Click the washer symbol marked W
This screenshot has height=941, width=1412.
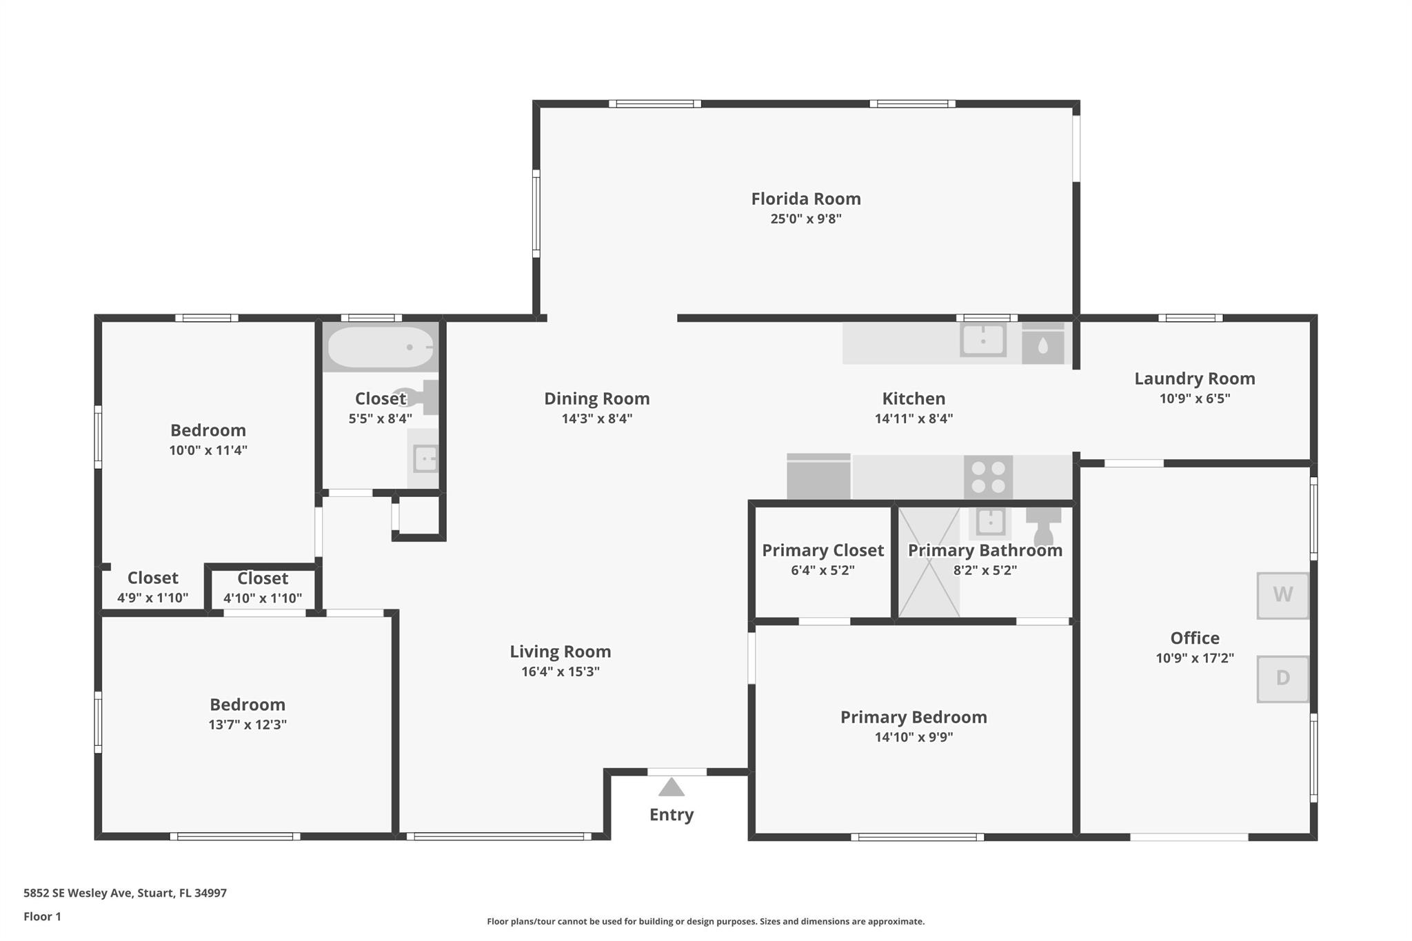click(x=1282, y=596)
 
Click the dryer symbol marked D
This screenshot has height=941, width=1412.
click(x=1282, y=679)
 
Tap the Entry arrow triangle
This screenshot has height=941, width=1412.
click(x=671, y=787)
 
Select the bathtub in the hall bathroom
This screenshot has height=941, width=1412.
click(x=381, y=347)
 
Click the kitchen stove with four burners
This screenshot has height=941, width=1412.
click(x=988, y=477)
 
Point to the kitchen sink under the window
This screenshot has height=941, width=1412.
click(x=983, y=339)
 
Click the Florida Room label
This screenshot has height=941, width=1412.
click(x=806, y=199)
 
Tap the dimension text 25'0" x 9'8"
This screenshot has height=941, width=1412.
click(x=806, y=219)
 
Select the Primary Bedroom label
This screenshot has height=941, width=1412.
click(x=914, y=717)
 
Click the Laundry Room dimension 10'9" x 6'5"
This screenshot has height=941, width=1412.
click(x=1195, y=398)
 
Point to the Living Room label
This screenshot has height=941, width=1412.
click(x=561, y=651)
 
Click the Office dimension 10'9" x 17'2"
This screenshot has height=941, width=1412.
click(x=1195, y=658)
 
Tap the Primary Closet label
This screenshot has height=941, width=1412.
click(x=823, y=550)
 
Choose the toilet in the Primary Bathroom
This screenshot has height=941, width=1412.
click(x=1043, y=526)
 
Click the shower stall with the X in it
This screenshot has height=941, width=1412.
click(x=929, y=563)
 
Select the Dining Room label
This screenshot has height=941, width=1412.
click(x=597, y=398)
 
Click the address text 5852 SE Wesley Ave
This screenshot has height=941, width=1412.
click(x=77, y=893)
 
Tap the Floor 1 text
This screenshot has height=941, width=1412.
click(x=42, y=917)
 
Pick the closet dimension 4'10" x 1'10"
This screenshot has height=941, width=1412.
click(x=263, y=598)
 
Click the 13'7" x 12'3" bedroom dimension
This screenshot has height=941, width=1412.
click(x=248, y=725)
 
